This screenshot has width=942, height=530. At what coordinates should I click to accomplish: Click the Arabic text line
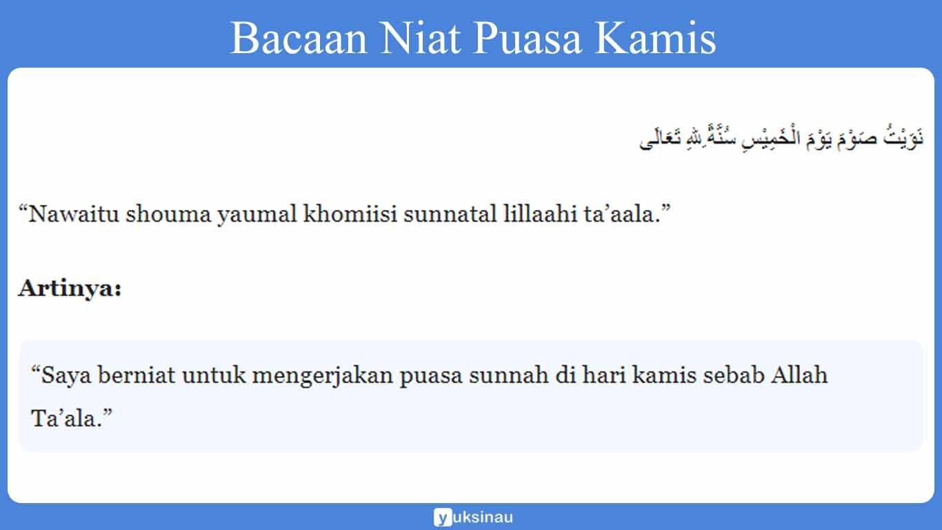(781, 138)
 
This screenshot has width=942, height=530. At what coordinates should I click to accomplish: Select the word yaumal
(257, 215)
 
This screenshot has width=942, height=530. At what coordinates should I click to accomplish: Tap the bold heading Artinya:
(70, 288)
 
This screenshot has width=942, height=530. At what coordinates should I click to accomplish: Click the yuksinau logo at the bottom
(473, 517)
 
